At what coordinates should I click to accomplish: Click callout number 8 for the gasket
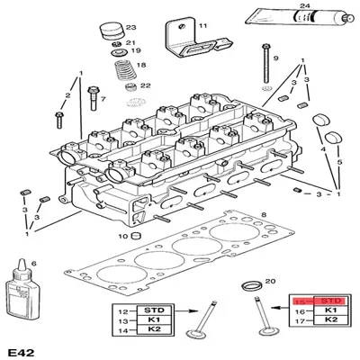tap(264, 214)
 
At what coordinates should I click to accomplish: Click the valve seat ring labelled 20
tap(255, 290)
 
